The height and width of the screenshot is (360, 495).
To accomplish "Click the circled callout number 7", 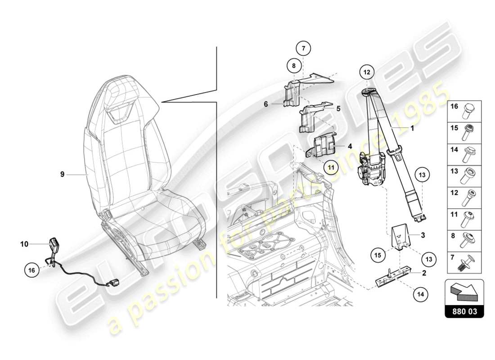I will [x=303, y=48].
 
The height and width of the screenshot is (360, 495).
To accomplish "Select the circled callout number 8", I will [x=293, y=66].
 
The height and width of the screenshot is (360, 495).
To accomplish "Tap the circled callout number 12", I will [x=367, y=72].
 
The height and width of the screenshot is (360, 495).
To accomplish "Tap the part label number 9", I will [x=63, y=173].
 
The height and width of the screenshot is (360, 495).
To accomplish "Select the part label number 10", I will [x=24, y=244].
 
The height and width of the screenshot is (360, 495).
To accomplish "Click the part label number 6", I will [x=266, y=103].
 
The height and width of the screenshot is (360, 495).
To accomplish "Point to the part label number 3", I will [x=423, y=235].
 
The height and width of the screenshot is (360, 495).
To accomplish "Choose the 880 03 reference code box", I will [x=464, y=311].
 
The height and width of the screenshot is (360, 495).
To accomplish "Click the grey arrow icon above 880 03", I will [x=464, y=291].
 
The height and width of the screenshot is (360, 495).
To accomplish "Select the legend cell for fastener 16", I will [x=464, y=108].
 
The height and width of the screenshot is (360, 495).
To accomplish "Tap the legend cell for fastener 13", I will [x=464, y=175].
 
